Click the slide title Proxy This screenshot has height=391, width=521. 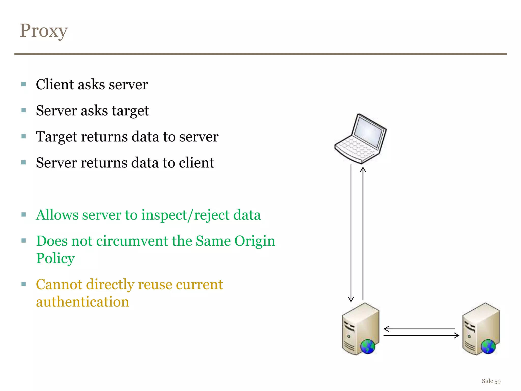[44, 31]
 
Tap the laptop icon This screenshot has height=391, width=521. [360, 139]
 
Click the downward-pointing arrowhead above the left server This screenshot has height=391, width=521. [351, 299]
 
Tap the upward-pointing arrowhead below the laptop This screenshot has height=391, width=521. [363, 170]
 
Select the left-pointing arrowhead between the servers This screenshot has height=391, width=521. [386, 329]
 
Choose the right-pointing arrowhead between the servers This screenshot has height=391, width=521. [457, 336]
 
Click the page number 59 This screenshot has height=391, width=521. [497, 381]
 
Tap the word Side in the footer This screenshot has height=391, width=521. [487, 381]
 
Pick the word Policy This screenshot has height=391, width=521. [55, 259]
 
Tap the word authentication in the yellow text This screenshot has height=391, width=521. [82, 302]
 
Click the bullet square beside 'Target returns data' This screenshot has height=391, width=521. [24, 136]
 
